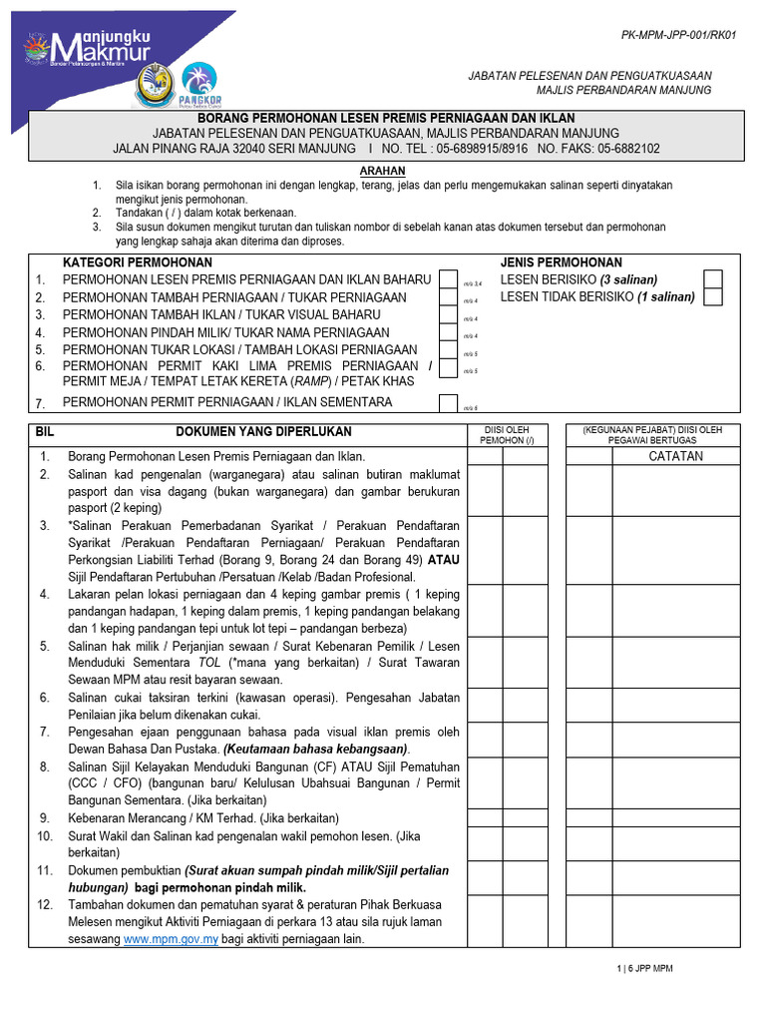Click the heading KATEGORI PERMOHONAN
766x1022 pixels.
(131, 262)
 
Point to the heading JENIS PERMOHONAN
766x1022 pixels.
(561, 262)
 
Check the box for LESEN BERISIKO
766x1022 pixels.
(712, 278)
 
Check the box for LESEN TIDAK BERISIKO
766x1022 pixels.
(712, 296)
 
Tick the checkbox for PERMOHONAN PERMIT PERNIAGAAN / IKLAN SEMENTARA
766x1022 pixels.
(449, 402)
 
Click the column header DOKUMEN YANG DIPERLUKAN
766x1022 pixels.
(263, 431)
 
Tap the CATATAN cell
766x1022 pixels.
(675, 456)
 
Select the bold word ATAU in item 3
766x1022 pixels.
(443, 560)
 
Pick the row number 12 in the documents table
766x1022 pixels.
(44, 904)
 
